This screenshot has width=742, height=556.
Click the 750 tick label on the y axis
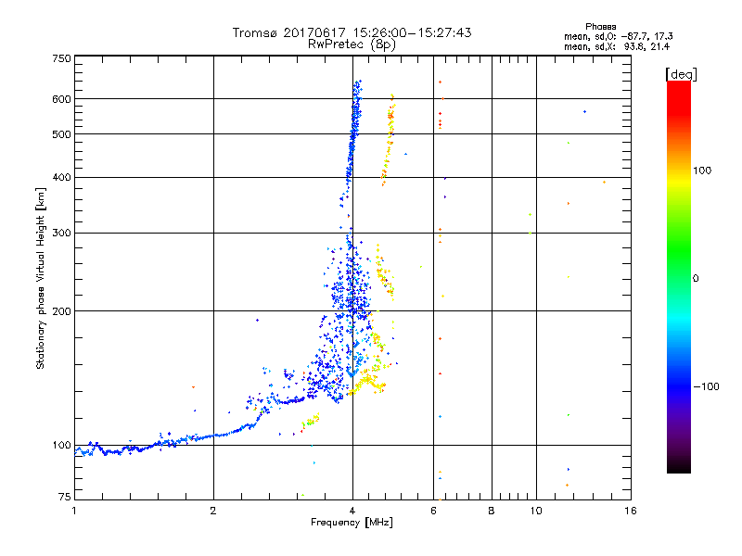tap(61, 57)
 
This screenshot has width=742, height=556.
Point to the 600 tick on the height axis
tap(61, 98)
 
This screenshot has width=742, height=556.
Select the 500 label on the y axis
tap(61, 134)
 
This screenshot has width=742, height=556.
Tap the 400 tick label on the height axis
tap(61, 177)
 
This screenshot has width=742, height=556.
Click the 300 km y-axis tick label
tap(61, 233)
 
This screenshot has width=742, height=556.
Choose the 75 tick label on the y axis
tap(64, 499)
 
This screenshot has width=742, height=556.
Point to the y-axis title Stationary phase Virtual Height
tap(41, 278)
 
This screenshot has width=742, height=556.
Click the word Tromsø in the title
tap(255, 32)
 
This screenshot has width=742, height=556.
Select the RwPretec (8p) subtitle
tap(352, 44)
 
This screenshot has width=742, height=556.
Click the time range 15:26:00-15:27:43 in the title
tap(403, 32)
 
